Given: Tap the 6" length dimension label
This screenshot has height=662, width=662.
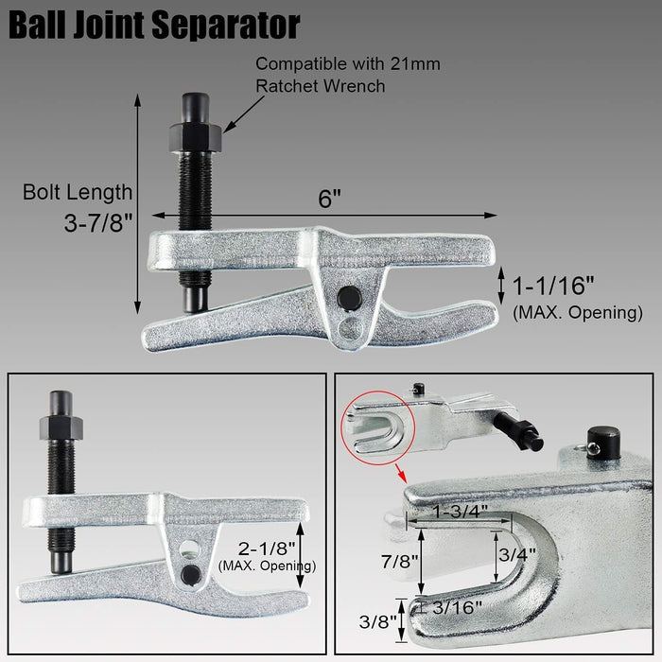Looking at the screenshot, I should click(x=329, y=200).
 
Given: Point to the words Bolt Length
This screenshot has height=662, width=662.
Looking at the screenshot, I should click(x=78, y=193).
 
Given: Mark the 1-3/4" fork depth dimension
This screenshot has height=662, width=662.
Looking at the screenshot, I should click(x=461, y=510).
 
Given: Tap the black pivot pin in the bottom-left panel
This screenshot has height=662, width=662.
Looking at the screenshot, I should click(x=192, y=573).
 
